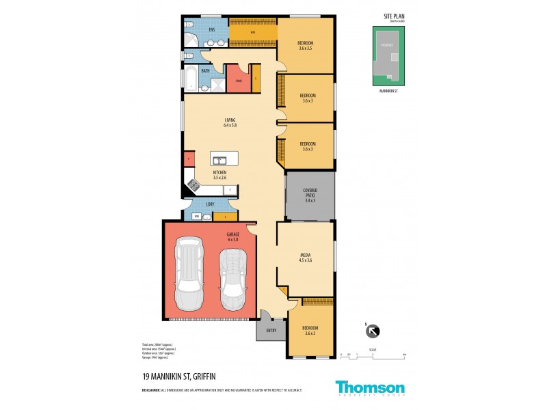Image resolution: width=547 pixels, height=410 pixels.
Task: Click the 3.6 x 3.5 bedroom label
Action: tap(305, 45)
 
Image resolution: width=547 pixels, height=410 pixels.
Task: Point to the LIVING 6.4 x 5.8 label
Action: tap(220, 123)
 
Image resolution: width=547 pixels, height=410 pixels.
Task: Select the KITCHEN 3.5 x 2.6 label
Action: tap(219, 175)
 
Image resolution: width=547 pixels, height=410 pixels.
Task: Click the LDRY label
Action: tap(210, 203)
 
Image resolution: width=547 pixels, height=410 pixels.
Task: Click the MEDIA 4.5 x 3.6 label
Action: tap(305, 256)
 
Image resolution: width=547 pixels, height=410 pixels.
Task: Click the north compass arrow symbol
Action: tap(373, 331)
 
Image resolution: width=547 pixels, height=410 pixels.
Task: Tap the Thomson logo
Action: tap(370, 388)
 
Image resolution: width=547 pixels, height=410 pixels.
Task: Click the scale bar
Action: tap(373, 353)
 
